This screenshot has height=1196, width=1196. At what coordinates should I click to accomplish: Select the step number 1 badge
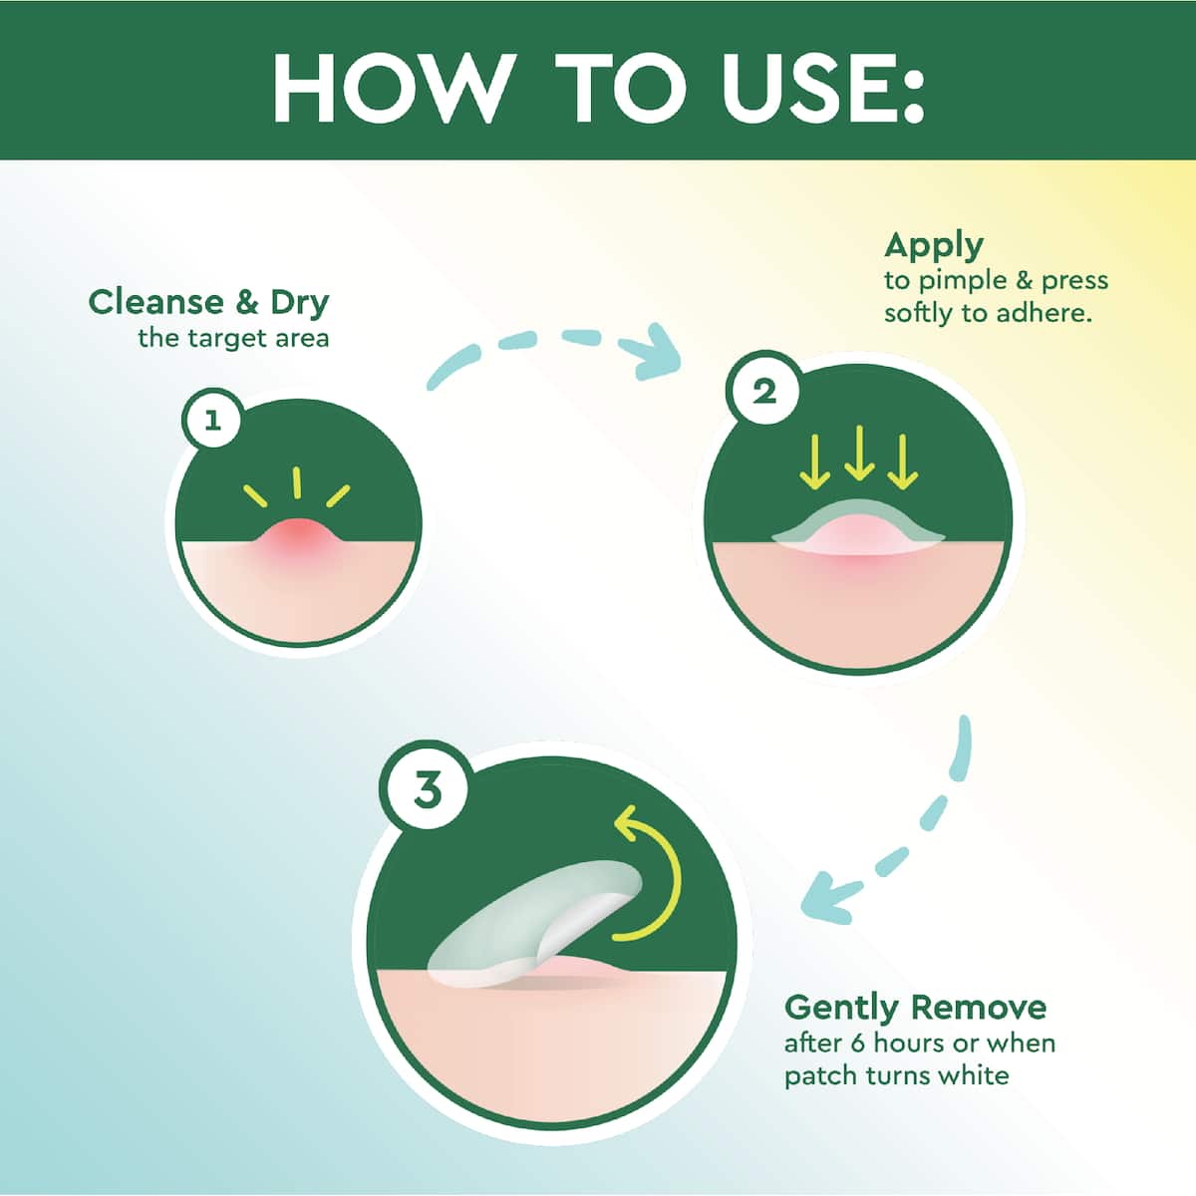point(213,422)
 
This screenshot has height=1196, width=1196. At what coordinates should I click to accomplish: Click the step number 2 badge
point(764,392)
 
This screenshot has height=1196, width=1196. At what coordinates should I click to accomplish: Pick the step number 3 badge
point(428,791)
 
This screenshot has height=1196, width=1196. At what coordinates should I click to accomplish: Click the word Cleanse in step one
point(155,302)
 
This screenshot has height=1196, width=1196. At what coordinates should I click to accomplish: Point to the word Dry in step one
point(300,304)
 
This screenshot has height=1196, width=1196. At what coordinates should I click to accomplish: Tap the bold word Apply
point(934,247)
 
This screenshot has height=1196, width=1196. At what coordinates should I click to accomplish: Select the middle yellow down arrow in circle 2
point(858,453)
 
